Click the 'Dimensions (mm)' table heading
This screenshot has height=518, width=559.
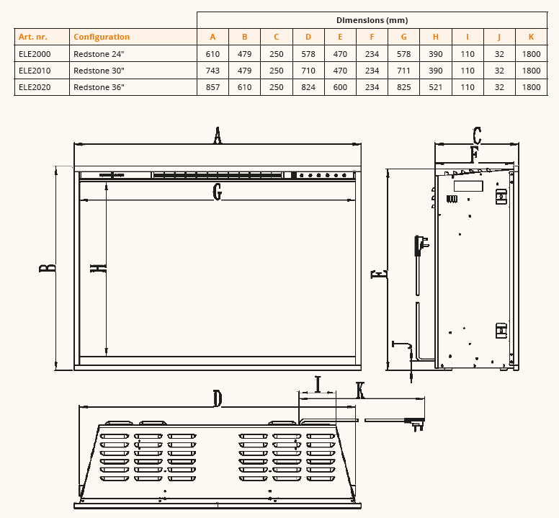click(372, 20)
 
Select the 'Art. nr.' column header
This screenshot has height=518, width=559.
click(32, 37)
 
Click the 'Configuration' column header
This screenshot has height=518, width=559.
click(102, 37)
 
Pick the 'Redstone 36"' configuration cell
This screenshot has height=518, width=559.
click(99, 87)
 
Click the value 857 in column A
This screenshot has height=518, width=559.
click(213, 87)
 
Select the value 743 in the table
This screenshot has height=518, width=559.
click(213, 71)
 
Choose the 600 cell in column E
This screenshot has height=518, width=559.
click(340, 87)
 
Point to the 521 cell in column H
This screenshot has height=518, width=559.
click(436, 87)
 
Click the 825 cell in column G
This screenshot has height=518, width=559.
click(403, 87)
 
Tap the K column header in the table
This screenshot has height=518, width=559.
click(531, 37)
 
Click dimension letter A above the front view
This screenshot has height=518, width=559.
click(218, 135)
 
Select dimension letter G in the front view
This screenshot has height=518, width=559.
click(218, 192)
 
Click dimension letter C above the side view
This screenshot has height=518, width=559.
click(477, 135)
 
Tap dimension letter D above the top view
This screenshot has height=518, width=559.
click(218, 398)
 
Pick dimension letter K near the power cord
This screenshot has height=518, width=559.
click(360, 390)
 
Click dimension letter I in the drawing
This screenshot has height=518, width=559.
click(317, 384)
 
